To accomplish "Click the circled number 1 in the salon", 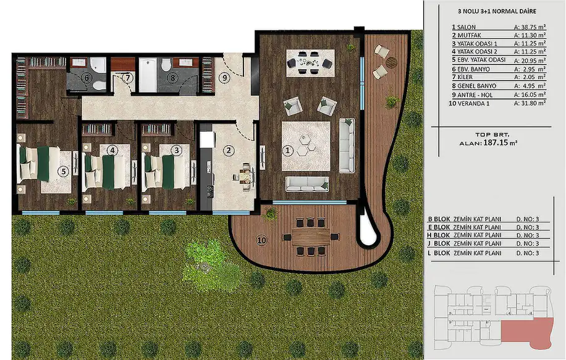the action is pos(288,150).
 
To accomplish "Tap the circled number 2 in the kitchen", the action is pos(229,150).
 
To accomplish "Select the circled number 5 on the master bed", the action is pos(64,171).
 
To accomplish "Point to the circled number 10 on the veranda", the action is pos(261,240).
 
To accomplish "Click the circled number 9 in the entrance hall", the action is pos(224,77).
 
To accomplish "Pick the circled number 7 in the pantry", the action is pos(127,78).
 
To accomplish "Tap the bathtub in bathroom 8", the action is pos(148,75).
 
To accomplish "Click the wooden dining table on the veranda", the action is pos(311,237).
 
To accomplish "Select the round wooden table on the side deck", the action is pos(391,63).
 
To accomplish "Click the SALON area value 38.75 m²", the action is pos(530,27).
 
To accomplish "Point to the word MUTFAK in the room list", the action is pos(469,35).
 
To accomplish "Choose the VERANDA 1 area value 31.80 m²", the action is pos(530,103).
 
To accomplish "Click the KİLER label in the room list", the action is pos(465,77).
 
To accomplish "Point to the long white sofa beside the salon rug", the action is pos(347,145).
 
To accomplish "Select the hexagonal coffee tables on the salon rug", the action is pos(306,145).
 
